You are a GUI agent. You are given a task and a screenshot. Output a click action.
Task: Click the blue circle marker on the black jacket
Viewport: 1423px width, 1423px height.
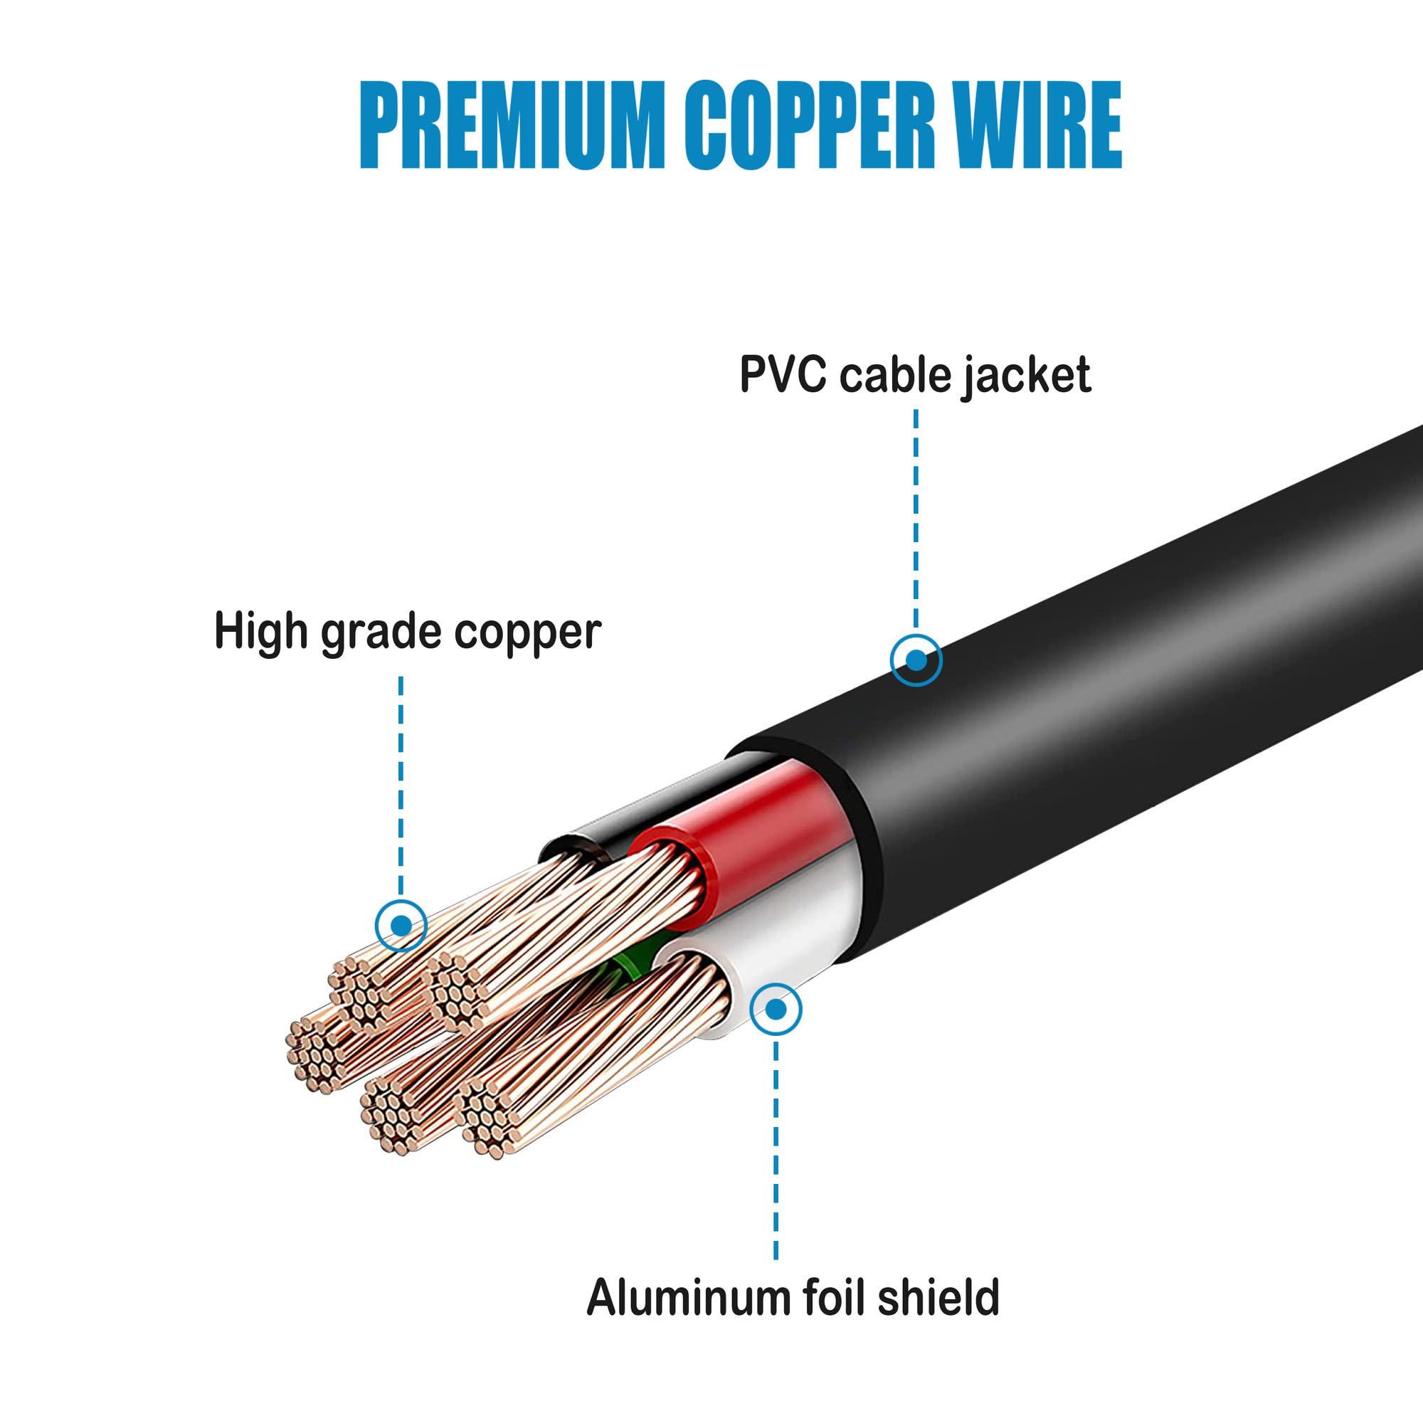coord(916,660)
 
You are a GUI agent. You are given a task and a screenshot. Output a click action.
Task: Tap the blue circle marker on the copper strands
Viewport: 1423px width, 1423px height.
coord(401,924)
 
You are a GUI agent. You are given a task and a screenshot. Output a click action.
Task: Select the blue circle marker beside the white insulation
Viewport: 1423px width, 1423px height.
coord(775,1008)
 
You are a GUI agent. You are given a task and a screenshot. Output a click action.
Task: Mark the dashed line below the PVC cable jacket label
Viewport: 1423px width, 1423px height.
coord(916,516)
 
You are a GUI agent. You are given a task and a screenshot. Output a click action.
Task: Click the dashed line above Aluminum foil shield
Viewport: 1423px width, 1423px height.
coord(776,1149)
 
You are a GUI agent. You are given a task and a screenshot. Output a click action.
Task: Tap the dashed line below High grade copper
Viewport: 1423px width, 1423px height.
coord(401,781)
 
